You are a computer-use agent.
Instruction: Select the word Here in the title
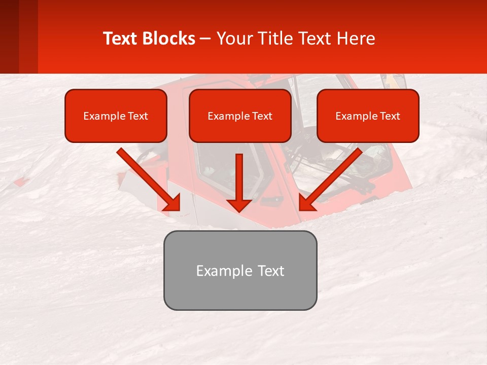click(356, 39)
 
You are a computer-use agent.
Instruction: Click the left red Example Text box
click(116, 116)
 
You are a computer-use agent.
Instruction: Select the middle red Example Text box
click(240, 116)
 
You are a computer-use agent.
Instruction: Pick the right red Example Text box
click(368, 116)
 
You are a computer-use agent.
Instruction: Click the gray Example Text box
click(240, 270)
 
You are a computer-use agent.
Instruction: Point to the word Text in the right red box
click(390, 116)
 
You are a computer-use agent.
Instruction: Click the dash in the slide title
click(205, 39)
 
